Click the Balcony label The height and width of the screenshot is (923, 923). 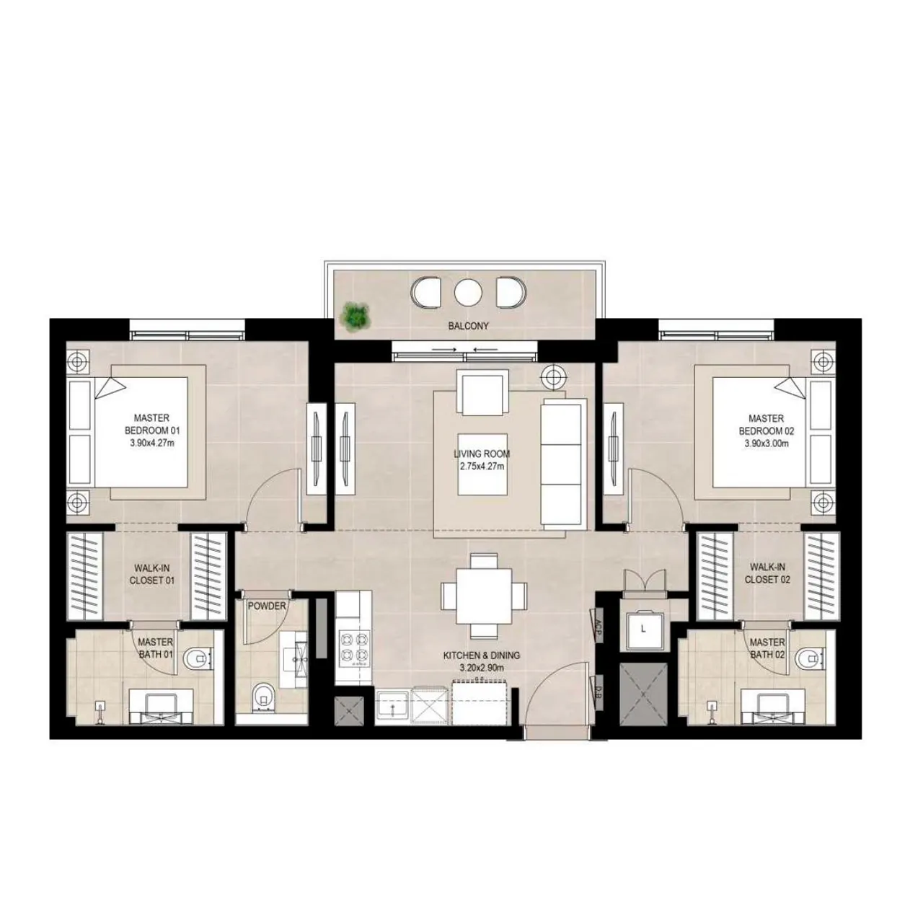click(468, 326)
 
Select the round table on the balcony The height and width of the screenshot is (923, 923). click(467, 292)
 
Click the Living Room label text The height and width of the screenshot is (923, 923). click(482, 454)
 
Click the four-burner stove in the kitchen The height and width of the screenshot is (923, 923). click(353, 646)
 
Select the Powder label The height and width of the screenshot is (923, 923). click(267, 606)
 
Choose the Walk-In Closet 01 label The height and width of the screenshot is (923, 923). click(151, 575)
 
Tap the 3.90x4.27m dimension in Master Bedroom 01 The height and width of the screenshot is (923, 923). click(152, 443)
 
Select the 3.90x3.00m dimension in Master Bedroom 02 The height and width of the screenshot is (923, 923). click(766, 443)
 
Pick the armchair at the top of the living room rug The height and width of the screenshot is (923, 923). click(482, 392)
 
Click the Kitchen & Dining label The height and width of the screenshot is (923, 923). click(481, 656)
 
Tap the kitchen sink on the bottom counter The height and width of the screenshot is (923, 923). click(392, 707)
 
